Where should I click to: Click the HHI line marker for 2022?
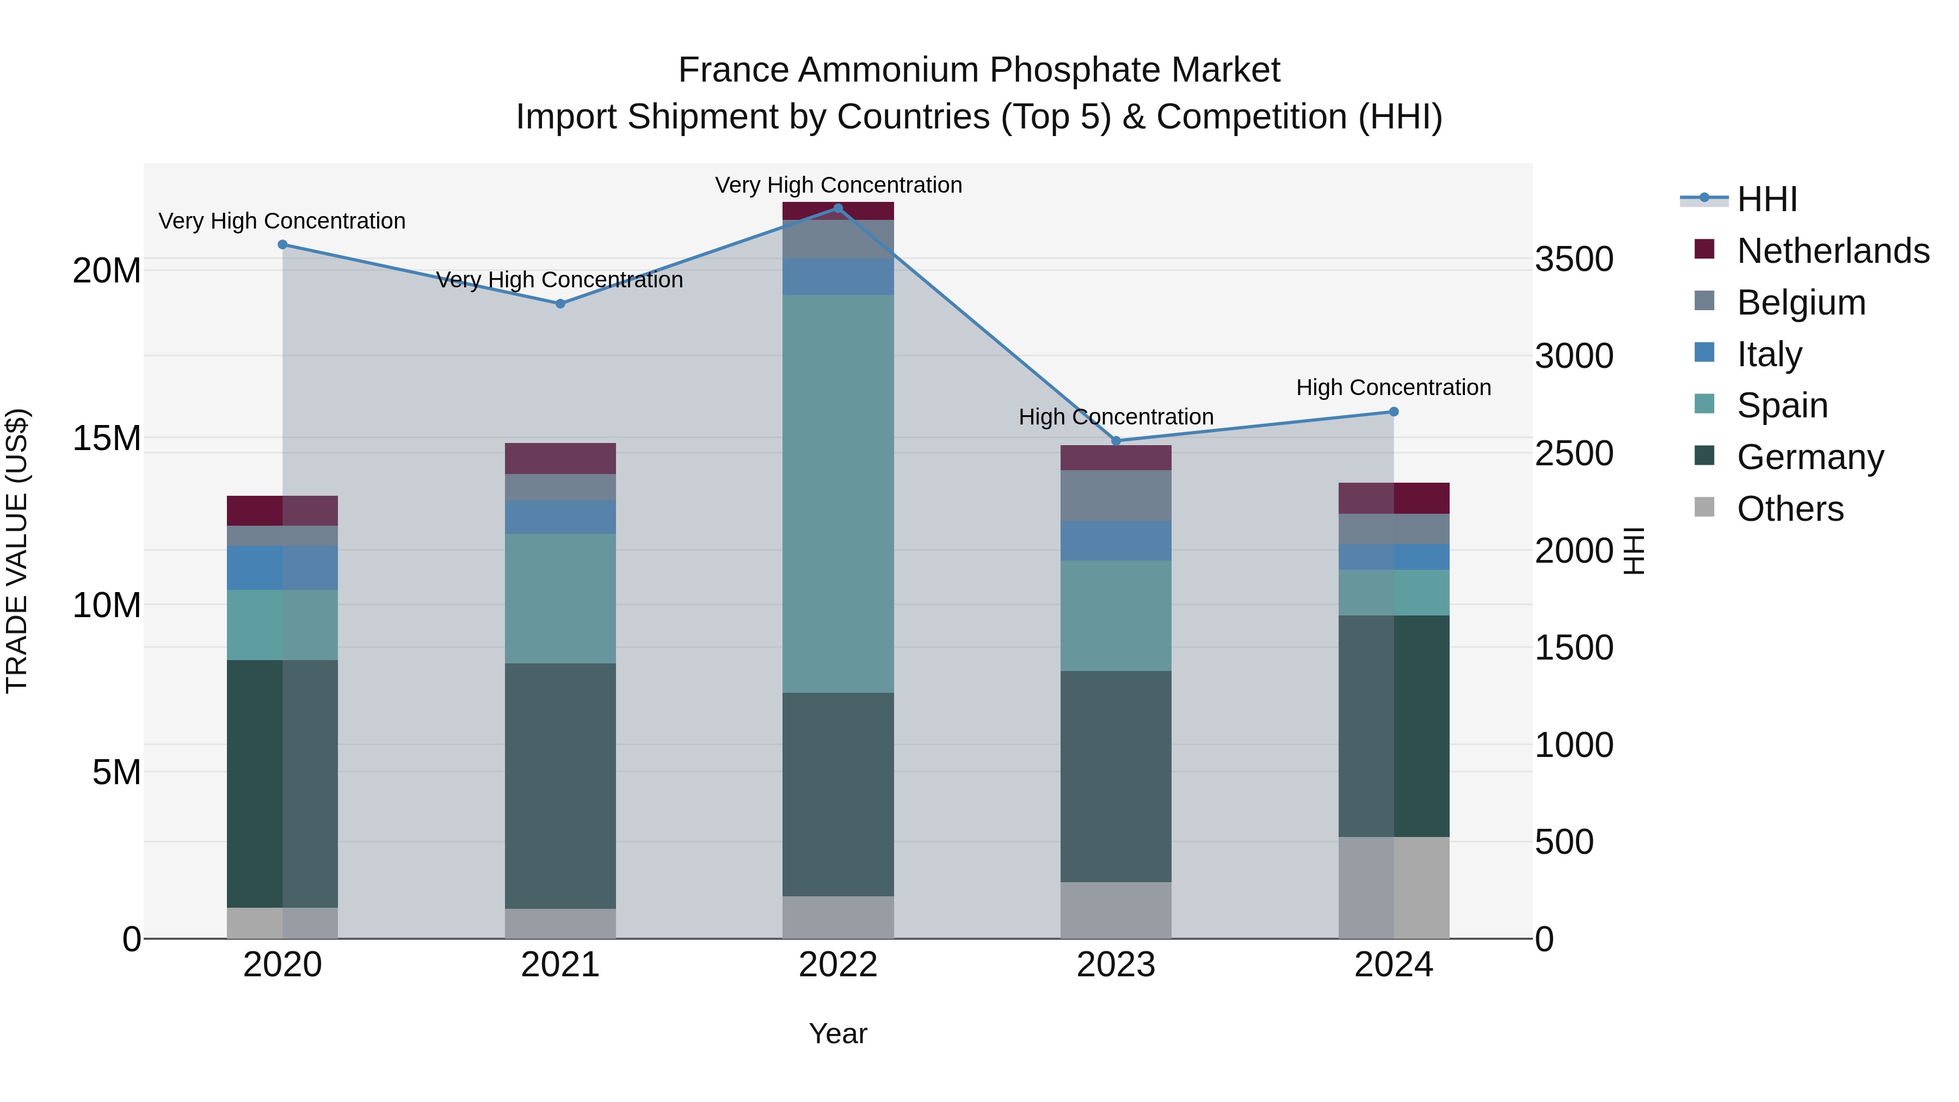pyautogui.click(x=838, y=208)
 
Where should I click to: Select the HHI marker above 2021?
pyautogui.click(x=560, y=304)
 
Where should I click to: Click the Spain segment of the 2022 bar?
pyautogui.click(x=838, y=494)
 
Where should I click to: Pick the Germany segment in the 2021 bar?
pyautogui.click(x=560, y=786)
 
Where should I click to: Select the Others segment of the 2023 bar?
pyautogui.click(x=1116, y=910)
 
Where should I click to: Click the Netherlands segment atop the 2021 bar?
pyautogui.click(x=560, y=459)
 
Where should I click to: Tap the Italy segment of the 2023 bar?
pyautogui.click(x=1116, y=541)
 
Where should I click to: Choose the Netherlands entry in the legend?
pyautogui.click(x=1833, y=251)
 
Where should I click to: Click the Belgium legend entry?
pyautogui.click(x=1801, y=303)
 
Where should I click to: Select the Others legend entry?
pyautogui.click(x=1790, y=509)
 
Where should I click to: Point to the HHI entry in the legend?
pyautogui.click(x=1766, y=199)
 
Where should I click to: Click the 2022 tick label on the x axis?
pyautogui.click(x=838, y=965)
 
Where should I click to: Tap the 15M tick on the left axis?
pyautogui.click(x=107, y=438)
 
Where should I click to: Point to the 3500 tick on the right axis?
pyautogui.click(x=1573, y=260)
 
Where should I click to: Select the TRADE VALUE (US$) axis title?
pyautogui.click(x=17, y=551)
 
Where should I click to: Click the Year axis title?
pyautogui.click(x=838, y=1033)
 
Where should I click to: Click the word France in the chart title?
pyautogui.click(x=733, y=70)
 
